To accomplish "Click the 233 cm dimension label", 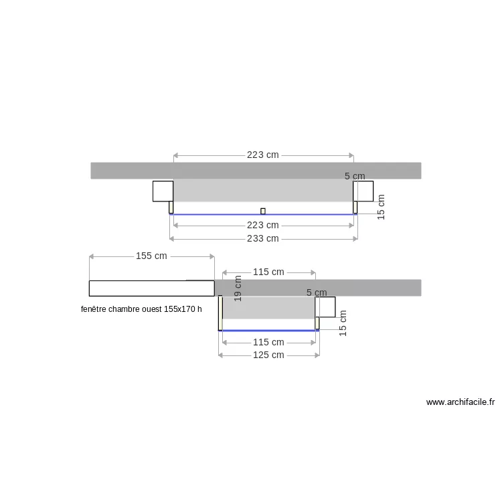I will pos(263,238).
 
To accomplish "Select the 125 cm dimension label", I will pos(268,355).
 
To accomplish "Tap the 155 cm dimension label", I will pos(151,256).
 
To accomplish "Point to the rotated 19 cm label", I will pos(238,288).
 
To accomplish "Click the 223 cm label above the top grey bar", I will pos(263,155).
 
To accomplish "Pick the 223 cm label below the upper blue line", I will pos(263,225).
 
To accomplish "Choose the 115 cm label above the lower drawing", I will pos(268,272).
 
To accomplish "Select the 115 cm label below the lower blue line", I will pos(268,342).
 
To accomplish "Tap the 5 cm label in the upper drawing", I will pos(355,176).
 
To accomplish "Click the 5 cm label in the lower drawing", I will pos(317,292).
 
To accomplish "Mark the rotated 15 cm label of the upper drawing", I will pos(382,207).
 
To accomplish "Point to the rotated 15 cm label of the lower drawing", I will pos(343,322).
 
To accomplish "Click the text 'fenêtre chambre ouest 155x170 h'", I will pos(141,310).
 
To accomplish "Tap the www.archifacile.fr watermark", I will pos(461,402).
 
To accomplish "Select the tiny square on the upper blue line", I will pos(263,211).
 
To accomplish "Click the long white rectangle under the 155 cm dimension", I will pos(151,288).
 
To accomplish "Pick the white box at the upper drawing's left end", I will pos(163,191).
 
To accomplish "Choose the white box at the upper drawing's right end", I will pos(364,191).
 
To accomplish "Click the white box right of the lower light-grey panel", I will pos(326,307).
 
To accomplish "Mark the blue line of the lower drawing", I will pos(268,330).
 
